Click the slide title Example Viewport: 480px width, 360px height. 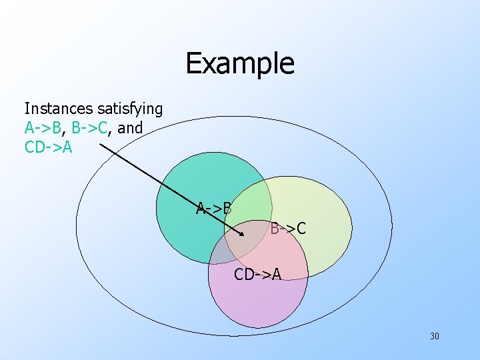tap(239, 63)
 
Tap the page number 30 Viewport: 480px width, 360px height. tap(434, 336)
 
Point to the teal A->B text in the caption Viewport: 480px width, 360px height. tap(43, 127)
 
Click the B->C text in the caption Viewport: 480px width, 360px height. tap(88, 127)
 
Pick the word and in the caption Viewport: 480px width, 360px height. tap(130, 127)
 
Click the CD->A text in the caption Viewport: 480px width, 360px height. tap(48, 147)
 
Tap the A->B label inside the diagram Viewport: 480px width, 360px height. tap(214, 208)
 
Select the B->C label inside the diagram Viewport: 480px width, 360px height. tap(288, 229)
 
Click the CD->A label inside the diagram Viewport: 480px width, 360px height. tap(257, 273)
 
